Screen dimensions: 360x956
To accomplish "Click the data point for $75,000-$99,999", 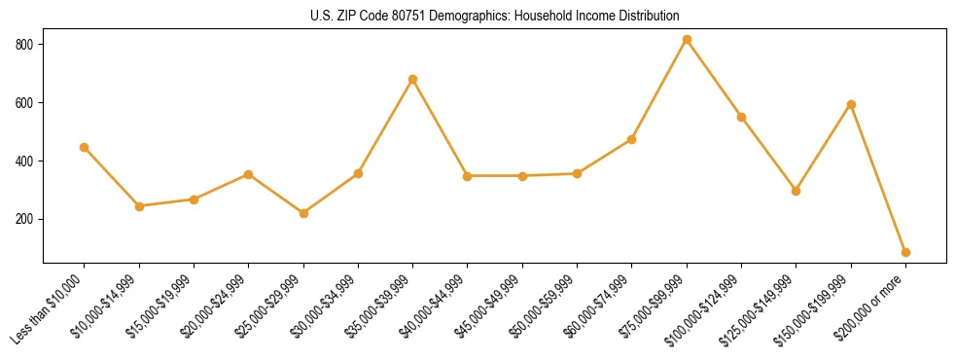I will point(687,40).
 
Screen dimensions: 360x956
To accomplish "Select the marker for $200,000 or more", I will point(905,252).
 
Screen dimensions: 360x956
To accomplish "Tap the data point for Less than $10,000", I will point(84,147).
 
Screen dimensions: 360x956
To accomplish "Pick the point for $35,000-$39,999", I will point(412,79).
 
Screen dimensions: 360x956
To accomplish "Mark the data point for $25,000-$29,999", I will point(303,213).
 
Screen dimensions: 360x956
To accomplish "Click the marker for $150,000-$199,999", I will point(851,104).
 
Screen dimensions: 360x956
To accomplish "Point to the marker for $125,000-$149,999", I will point(797,191).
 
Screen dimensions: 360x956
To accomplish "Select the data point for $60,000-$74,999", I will point(632,139).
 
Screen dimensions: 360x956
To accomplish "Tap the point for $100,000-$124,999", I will point(741,117).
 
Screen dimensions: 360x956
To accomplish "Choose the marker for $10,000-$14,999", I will point(139,206).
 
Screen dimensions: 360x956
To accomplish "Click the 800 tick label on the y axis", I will point(25,45).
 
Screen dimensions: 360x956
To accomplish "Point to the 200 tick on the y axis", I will point(25,219).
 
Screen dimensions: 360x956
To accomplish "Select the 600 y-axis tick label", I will point(25,103).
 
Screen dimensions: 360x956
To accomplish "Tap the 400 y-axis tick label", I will point(25,161).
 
